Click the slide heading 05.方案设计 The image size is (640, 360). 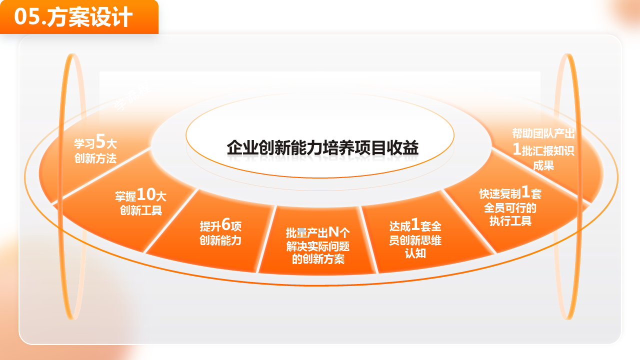tap(73, 17)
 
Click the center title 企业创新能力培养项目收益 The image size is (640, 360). tap(322, 148)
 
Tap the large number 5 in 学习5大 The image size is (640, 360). tap(100, 142)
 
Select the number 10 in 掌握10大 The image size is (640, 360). tap(147, 194)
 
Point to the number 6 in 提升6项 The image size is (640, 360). tap(226, 224)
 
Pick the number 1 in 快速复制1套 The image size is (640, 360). tap(525, 191)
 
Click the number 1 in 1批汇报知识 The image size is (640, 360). tap(517, 149)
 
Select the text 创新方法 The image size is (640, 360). tap(95, 159)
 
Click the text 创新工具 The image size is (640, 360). tap(141, 210)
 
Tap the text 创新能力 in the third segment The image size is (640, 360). tap(220, 240)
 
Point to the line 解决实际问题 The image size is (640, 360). tap(318, 246)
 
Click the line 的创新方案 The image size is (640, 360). tap(318, 259)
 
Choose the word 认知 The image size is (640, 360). tap(415, 253)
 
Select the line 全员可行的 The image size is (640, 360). tap(510, 207)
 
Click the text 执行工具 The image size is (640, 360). tap(510, 221)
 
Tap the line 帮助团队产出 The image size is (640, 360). tap(543, 134)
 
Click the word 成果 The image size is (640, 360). tap(543, 165)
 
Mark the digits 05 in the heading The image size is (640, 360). tap(26, 17)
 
